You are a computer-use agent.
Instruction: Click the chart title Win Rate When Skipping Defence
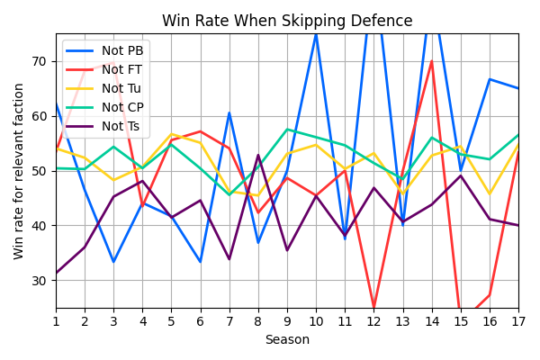pos(287,21)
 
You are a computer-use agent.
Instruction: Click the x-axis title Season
pos(287,339)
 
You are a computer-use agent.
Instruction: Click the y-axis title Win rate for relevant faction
pos(19,171)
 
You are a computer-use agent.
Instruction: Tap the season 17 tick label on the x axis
pos(518,319)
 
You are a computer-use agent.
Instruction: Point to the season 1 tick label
pos(56,319)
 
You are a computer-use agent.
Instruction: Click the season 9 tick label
pos(287,319)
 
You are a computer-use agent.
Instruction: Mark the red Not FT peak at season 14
pos(432,61)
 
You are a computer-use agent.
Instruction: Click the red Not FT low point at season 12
pos(373,307)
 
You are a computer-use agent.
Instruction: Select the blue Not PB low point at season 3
pos(113,262)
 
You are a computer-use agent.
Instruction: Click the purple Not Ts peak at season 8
pos(258,156)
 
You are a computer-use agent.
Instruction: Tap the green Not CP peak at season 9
pos(287,130)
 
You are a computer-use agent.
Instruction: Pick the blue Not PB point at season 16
pos(490,79)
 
